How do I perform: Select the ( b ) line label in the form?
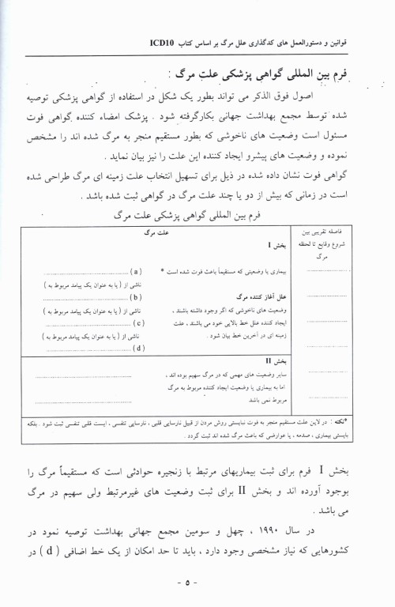coord(135,297)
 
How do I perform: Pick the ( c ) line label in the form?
coord(136,322)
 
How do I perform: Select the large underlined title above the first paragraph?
coord(265,74)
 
